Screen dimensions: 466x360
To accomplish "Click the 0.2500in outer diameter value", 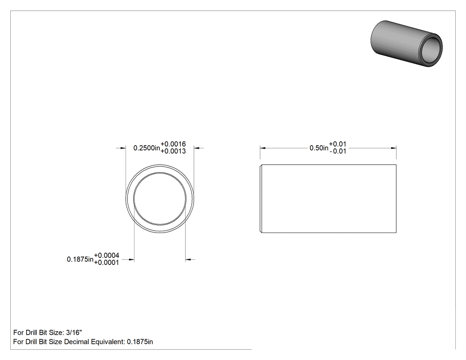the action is (x=146, y=148).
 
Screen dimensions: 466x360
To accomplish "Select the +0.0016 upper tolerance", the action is (x=173, y=144).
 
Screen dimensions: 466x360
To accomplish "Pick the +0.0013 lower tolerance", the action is (x=173, y=151).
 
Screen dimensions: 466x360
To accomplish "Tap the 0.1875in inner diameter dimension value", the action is (x=80, y=259).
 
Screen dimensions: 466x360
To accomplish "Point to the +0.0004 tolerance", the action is (x=107, y=255).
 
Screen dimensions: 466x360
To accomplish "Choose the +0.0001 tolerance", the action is (x=107, y=262).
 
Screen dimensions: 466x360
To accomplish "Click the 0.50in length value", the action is (x=319, y=148).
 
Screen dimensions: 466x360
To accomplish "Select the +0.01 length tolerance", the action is (x=338, y=144).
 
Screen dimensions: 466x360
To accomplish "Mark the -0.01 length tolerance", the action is (x=338, y=151).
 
